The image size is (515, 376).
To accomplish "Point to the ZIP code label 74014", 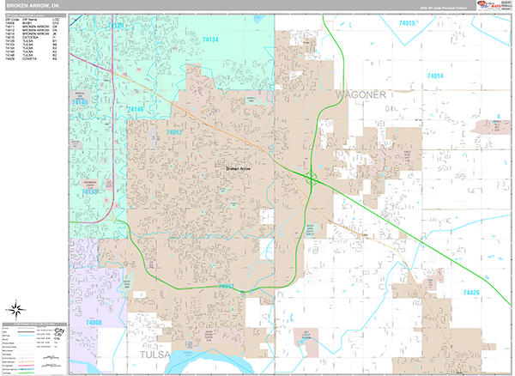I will [x=438, y=76].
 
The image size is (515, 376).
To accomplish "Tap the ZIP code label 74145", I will [x=80, y=102].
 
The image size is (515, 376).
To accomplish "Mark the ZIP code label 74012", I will [x=175, y=132].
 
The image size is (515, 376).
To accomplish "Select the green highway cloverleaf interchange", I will [x=311, y=179].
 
